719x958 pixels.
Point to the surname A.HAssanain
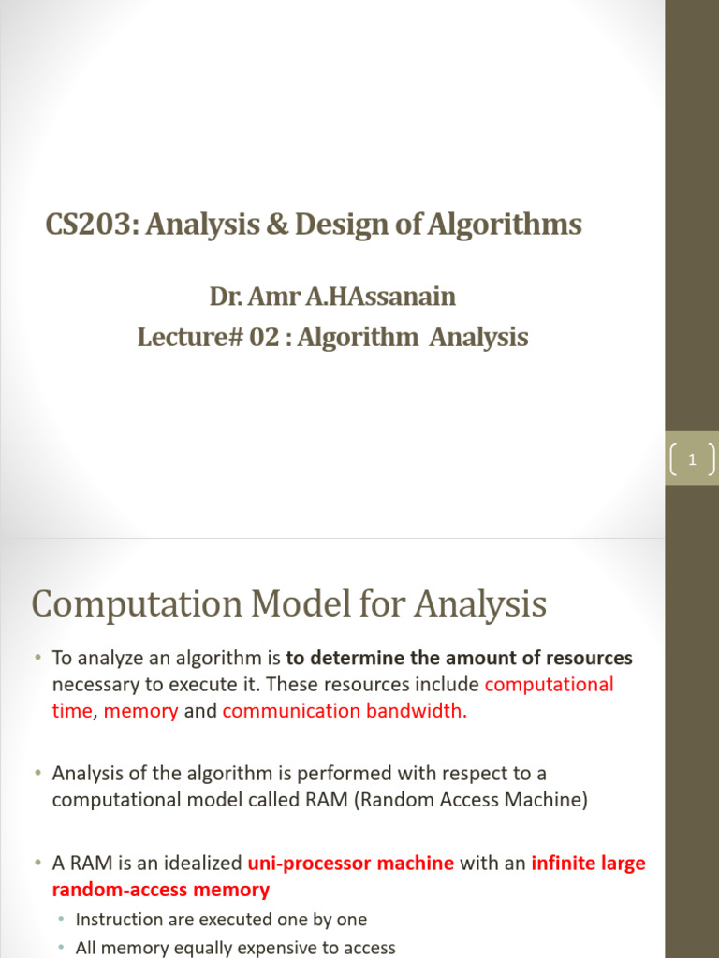392,298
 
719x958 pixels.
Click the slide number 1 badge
693,458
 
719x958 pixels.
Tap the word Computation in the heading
133,605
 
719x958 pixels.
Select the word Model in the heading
294,605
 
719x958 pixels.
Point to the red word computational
550,684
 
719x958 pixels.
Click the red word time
72,710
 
